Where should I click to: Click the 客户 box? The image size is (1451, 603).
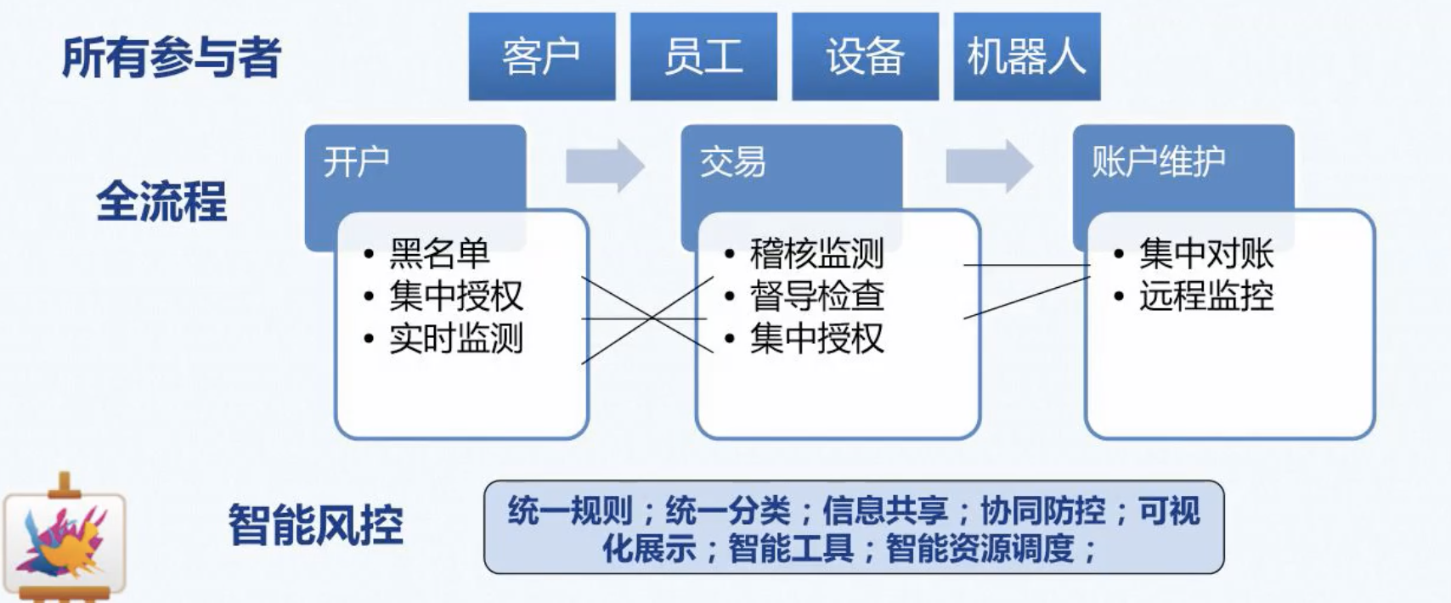(541, 57)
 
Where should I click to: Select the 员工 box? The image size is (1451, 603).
(703, 57)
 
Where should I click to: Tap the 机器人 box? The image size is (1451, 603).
(1026, 57)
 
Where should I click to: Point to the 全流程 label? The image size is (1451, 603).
(161, 202)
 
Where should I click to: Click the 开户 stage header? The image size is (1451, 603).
(357, 161)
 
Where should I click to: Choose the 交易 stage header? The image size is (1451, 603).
(732, 161)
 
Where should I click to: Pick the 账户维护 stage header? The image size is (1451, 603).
(1158, 161)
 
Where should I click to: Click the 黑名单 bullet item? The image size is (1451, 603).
(439, 253)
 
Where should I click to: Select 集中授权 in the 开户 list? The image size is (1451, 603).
(456, 296)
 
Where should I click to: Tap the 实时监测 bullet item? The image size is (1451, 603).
(456, 338)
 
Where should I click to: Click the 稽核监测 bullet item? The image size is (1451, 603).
(816, 253)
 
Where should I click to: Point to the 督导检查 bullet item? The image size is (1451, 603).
(816, 296)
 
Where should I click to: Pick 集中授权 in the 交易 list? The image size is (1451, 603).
(816, 338)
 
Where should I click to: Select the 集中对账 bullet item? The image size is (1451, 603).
(1206, 253)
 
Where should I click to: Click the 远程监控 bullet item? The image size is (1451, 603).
(1206, 296)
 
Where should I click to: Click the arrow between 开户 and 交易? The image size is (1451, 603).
(605, 165)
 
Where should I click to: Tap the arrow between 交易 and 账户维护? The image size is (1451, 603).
(989, 165)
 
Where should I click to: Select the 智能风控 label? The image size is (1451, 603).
(315, 524)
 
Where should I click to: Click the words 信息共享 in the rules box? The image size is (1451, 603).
(884, 510)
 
